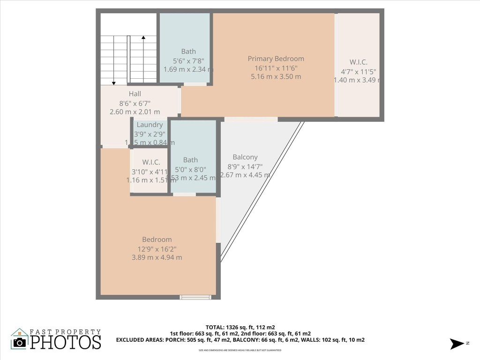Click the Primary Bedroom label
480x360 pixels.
tap(276, 59)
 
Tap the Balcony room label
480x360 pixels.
tap(245, 157)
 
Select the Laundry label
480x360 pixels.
tap(150, 125)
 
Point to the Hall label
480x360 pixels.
tap(135, 94)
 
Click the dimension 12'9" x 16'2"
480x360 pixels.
tap(157, 248)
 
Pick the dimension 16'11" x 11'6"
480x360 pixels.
tap(276, 67)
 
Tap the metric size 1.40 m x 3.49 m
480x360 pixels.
tap(357, 80)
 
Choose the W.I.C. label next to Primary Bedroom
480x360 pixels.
tap(358, 62)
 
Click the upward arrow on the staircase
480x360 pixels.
tap(143, 37)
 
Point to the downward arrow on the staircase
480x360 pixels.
tap(113, 82)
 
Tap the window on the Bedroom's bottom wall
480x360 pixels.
tap(195, 297)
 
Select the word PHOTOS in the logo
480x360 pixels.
tap(66, 342)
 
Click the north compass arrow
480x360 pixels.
tap(456, 344)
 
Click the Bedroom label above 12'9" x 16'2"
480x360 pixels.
tap(157, 240)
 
